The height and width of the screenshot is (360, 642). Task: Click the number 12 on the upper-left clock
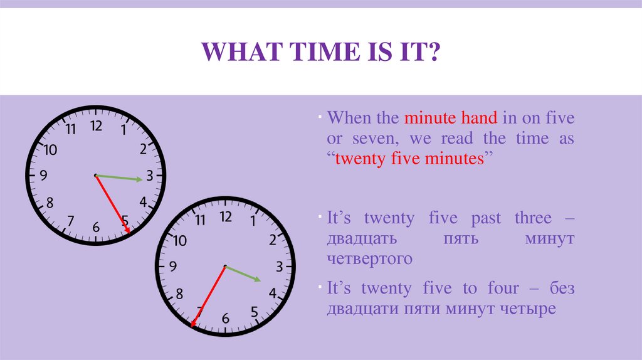point(95,126)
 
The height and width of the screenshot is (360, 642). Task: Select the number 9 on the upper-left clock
point(43,176)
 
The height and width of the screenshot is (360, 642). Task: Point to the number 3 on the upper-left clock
point(149,176)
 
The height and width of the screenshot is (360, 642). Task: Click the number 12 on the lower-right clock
point(225,217)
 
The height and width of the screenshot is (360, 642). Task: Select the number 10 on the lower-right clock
point(180,240)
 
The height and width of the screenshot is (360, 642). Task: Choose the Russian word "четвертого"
point(369,258)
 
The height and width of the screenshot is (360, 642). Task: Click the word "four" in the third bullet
point(502,289)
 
